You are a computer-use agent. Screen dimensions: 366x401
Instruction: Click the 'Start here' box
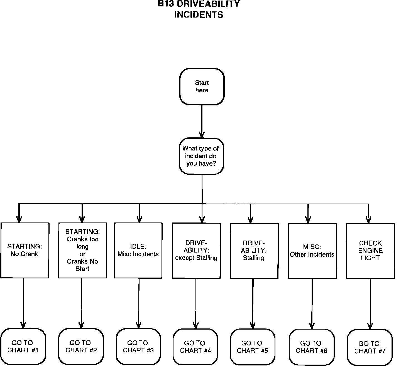point(202,86)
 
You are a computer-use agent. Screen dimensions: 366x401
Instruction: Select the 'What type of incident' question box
point(201,156)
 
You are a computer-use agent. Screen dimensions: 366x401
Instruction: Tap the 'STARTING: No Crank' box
point(25,250)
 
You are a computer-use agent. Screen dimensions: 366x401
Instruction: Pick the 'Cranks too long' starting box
point(82,250)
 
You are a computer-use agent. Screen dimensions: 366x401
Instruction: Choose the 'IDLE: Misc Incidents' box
point(138,250)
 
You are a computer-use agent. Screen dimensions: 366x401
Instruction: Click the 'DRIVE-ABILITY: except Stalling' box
point(196,250)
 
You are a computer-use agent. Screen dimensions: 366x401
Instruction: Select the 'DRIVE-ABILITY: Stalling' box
point(254,250)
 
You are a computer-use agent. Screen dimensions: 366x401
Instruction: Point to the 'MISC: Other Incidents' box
point(312,251)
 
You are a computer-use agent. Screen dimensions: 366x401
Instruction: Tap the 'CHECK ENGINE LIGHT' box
point(370,251)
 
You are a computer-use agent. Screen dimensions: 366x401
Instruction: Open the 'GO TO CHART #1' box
point(23,346)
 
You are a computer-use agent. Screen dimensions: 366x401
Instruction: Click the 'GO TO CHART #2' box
point(81,346)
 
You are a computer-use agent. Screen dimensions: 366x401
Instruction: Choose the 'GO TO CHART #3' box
point(138,347)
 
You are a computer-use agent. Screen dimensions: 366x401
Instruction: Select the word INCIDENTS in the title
point(199,14)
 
